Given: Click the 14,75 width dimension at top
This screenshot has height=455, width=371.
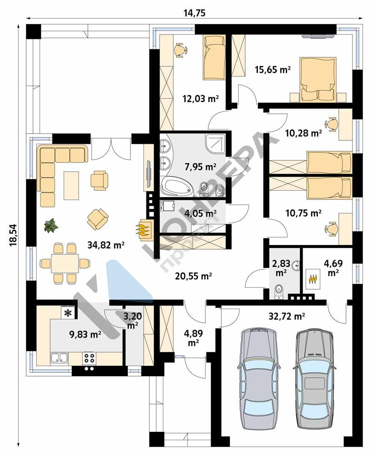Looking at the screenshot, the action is (x=195, y=13).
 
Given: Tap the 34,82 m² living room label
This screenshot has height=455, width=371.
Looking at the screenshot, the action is (x=106, y=245).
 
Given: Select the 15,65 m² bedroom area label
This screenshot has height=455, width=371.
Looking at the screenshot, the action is (x=273, y=70).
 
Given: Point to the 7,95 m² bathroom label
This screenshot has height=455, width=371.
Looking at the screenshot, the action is (x=200, y=167).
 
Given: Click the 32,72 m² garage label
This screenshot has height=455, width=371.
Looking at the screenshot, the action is (x=287, y=316).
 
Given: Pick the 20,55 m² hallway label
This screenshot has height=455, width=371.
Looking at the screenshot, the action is (x=193, y=276).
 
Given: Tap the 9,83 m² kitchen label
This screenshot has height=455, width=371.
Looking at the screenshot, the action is (x=85, y=334).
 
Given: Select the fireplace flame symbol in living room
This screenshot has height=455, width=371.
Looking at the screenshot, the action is (x=144, y=229).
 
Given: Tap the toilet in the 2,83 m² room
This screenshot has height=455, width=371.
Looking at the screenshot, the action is (x=279, y=292).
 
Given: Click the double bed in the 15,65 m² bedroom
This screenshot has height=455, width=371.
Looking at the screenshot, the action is (x=318, y=80).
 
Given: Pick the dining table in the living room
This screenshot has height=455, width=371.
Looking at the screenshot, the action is (x=65, y=264).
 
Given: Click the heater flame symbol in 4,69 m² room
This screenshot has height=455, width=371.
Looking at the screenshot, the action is (x=312, y=279).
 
